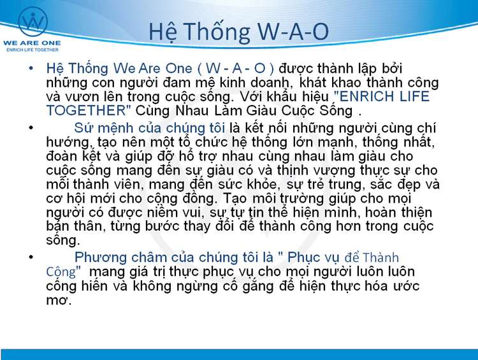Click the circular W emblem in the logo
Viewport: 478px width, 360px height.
[x=33, y=22]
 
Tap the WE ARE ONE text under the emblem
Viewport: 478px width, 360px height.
[x=32, y=43]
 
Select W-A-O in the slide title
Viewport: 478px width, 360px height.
[x=293, y=31]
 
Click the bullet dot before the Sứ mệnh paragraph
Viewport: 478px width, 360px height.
[x=31, y=127]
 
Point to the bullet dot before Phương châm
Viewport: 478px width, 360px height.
[x=31, y=257]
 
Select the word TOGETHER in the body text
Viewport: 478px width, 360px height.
[x=86, y=110]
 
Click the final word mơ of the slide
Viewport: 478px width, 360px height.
[x=58, y=301]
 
